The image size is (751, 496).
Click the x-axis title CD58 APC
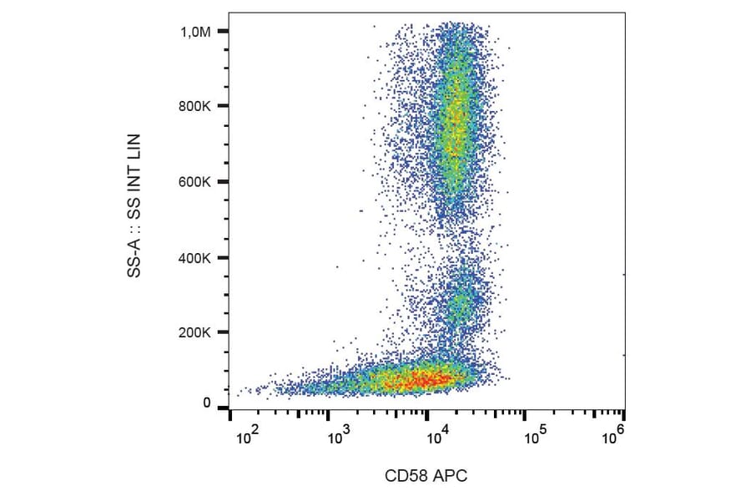tap(426, 477)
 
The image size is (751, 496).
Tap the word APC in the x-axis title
tap(451, 477)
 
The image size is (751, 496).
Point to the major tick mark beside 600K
tap(223, 182)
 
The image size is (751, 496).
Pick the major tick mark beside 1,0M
tap(223, 32)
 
